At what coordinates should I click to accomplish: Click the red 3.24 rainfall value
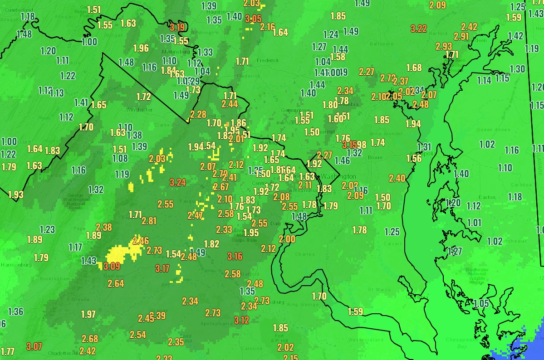pyautogui.click(x=177, y=183)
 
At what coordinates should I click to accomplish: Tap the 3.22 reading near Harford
pyautogui.click(x=419, y=29)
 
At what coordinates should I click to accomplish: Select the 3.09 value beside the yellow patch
pyautogui.click(x=112, y=266)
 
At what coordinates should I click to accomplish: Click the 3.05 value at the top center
pyautogui.click(x=253, y=19)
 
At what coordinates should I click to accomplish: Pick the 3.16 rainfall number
pyautogui.click(x=235, y=257)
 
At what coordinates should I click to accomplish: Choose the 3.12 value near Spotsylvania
pyautogui.click(x=242, y=321)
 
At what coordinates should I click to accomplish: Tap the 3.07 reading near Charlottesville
pyautogui.click(x=34, y=347)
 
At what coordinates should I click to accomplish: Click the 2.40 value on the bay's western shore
pyautogui.click(x=397, y=178)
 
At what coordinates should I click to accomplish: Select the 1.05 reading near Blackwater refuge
pyautogui.click(x=481, y=304)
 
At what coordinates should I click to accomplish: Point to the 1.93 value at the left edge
pyautogui.click(x=16, y=195)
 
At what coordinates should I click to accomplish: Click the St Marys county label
pyautogui.click(x=376, y=289)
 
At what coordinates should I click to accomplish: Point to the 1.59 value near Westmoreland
pyautogui.click(x=356, y=311)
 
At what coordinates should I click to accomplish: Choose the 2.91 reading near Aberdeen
pyautogui.click(x=461, y=36)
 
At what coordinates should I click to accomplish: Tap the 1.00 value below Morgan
pyautogui.click(x=89, y=42)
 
